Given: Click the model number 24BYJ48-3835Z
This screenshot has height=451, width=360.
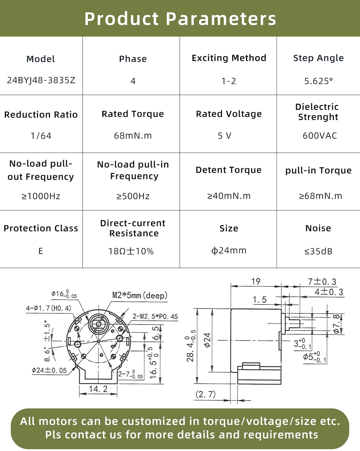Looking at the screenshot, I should tap(41, 80).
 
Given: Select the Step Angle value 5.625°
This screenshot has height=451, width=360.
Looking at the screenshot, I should tap(318, 81).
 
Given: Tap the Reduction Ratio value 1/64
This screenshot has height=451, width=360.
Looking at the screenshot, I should tap(41, 136).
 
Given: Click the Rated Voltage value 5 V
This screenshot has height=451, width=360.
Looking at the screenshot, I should tap(224, 136).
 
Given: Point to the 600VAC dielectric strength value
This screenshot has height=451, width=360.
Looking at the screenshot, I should tap(319, 136).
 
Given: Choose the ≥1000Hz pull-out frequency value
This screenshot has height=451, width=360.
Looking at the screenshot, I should tap(41, 196).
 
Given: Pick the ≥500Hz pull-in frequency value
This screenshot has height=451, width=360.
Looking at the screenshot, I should tap(133, 196).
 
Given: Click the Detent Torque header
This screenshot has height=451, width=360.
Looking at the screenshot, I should tap(229, 170).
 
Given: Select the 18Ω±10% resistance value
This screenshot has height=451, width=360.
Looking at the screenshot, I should tap(131, 251).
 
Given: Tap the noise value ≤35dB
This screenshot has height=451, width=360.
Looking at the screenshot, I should tap(318, 251).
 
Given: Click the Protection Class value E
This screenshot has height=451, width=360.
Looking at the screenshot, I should tap(41, 251).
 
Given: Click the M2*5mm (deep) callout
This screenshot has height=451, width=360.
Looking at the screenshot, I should tap(140, 295).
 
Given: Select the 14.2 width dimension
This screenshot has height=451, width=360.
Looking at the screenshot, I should tap(98, 389).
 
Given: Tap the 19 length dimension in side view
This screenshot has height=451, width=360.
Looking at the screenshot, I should tap(256, 282).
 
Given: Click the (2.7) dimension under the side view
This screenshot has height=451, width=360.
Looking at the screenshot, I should tap(205, 394).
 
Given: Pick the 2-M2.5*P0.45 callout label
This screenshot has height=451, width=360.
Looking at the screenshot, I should tap(155, 317).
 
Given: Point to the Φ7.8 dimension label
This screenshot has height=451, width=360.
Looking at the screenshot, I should tap(337, 324).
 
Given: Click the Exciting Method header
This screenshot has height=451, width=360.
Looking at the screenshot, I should tap(229, 58).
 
